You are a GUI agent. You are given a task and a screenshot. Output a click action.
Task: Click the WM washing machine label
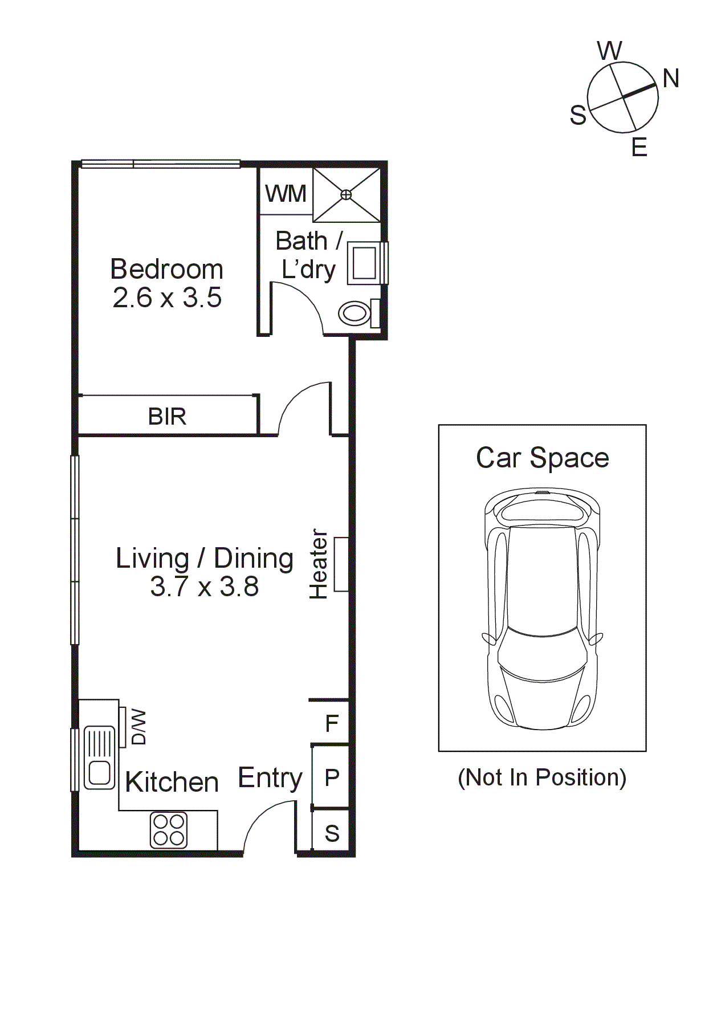coord(286,194)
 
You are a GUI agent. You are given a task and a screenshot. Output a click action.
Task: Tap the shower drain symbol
coord(346,195)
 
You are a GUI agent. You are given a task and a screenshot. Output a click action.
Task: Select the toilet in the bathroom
coord(354,313)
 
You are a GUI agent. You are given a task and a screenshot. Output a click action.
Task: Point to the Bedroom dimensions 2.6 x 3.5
coord(167,298)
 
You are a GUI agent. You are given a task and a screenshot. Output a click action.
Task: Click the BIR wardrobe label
coord(167,417)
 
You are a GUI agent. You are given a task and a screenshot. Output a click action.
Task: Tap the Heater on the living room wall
coord(340,564)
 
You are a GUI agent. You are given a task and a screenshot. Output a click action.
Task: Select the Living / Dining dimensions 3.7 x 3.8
coord(204,587)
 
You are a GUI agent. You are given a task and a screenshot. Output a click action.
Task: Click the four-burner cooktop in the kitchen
coord(169,830)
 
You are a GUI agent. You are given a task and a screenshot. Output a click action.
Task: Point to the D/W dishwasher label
coord(138,727)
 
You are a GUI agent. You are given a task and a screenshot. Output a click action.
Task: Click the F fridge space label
coord(332,724)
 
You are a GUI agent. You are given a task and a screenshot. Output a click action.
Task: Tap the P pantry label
coord(332,777)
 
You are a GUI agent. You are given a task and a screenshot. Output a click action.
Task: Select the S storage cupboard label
coord(332,834)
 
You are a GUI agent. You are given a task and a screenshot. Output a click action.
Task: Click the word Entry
coord(270,778)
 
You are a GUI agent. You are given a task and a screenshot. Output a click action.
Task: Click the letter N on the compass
coord(671,79)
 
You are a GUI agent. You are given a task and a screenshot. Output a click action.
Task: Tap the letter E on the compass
coord(639,148)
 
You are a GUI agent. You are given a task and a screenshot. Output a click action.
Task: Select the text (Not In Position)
coord(542,778)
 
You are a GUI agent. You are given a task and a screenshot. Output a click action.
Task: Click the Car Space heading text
coord(542,458)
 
